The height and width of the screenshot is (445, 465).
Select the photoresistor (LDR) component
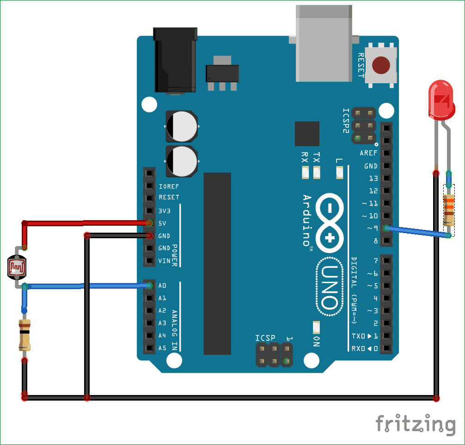17,267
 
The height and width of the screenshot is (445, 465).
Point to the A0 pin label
162,285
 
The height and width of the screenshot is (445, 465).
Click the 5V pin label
162,223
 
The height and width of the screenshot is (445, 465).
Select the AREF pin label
368,153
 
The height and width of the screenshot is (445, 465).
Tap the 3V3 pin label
165,210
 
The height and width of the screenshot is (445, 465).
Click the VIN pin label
164,260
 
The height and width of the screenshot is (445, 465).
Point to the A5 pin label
162,348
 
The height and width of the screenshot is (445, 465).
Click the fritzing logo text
415,423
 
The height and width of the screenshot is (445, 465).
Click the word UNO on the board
330,288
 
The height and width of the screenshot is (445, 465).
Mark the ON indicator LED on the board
317,327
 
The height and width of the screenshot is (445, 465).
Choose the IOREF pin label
169,186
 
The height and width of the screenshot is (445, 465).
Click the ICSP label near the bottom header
265,338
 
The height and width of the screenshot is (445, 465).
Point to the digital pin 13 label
373,178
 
